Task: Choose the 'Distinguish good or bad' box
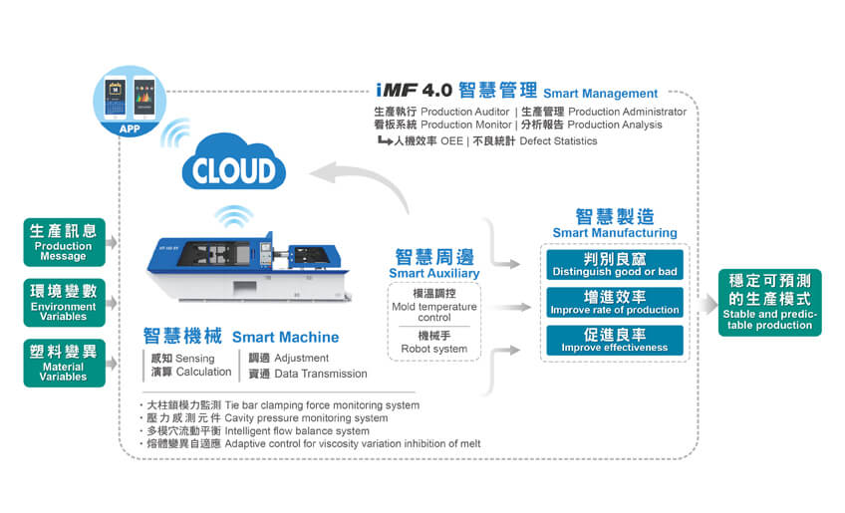[614, 265]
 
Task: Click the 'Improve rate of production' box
[614, 303]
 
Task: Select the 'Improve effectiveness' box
[614, 340]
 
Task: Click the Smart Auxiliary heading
[433, 273]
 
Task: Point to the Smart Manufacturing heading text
[614, 233]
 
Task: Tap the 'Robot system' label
[433, 349]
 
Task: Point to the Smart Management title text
[600, 94]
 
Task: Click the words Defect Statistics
[558, 141]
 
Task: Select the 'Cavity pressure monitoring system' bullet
[306, 418]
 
